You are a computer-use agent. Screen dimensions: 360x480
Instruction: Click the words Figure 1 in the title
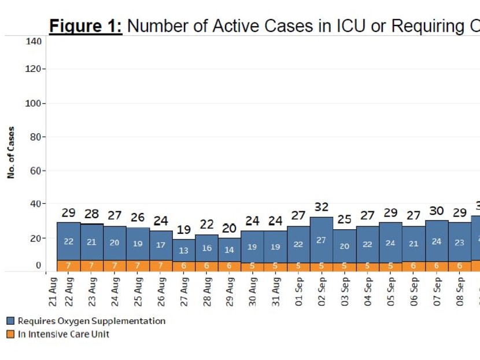point(86,26)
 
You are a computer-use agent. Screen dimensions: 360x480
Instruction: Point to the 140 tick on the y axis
point(34,41)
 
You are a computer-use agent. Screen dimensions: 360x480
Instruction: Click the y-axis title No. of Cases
point(12,153)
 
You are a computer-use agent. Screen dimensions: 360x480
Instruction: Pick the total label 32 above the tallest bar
point(322,207)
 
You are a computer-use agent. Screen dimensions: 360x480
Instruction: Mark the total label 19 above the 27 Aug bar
point(184,230)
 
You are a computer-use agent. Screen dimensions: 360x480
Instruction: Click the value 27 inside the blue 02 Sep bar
point(322,240)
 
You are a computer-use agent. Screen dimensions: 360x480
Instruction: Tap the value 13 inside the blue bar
point(183,251)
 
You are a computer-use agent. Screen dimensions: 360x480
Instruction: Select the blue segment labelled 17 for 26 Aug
point(161,245)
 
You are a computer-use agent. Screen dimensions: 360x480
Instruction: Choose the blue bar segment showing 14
point(230,250)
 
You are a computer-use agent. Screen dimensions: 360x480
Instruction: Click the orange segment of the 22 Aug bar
point(68,266)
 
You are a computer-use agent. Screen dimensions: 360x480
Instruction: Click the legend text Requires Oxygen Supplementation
point(91,321)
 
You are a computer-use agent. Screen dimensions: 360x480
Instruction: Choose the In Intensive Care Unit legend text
point(64,334)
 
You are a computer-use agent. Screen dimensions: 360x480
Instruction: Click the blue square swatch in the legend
point(10,321)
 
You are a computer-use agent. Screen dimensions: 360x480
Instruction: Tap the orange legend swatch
point(10,334)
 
